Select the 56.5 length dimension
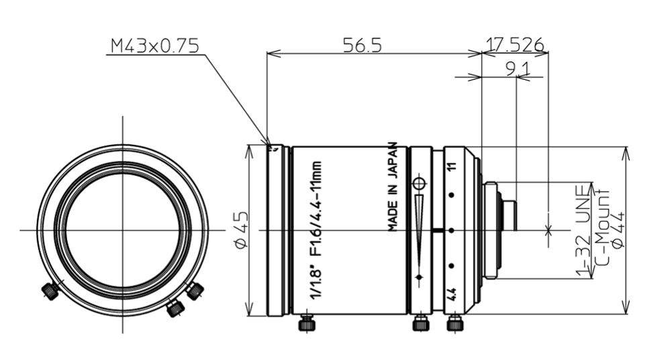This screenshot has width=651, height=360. (362, 45)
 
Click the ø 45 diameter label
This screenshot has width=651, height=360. (240, 230)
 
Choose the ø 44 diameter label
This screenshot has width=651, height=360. (616, 230)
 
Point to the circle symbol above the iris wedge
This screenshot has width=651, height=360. (419, 183)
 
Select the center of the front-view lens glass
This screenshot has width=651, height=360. (123, 230)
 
